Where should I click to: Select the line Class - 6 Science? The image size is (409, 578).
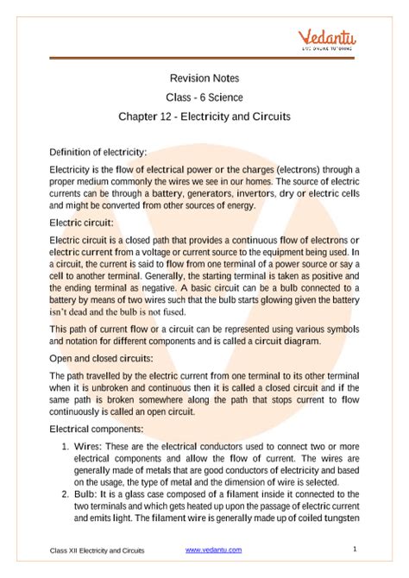(204, 97)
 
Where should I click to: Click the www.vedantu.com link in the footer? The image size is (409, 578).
(213, 550)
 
